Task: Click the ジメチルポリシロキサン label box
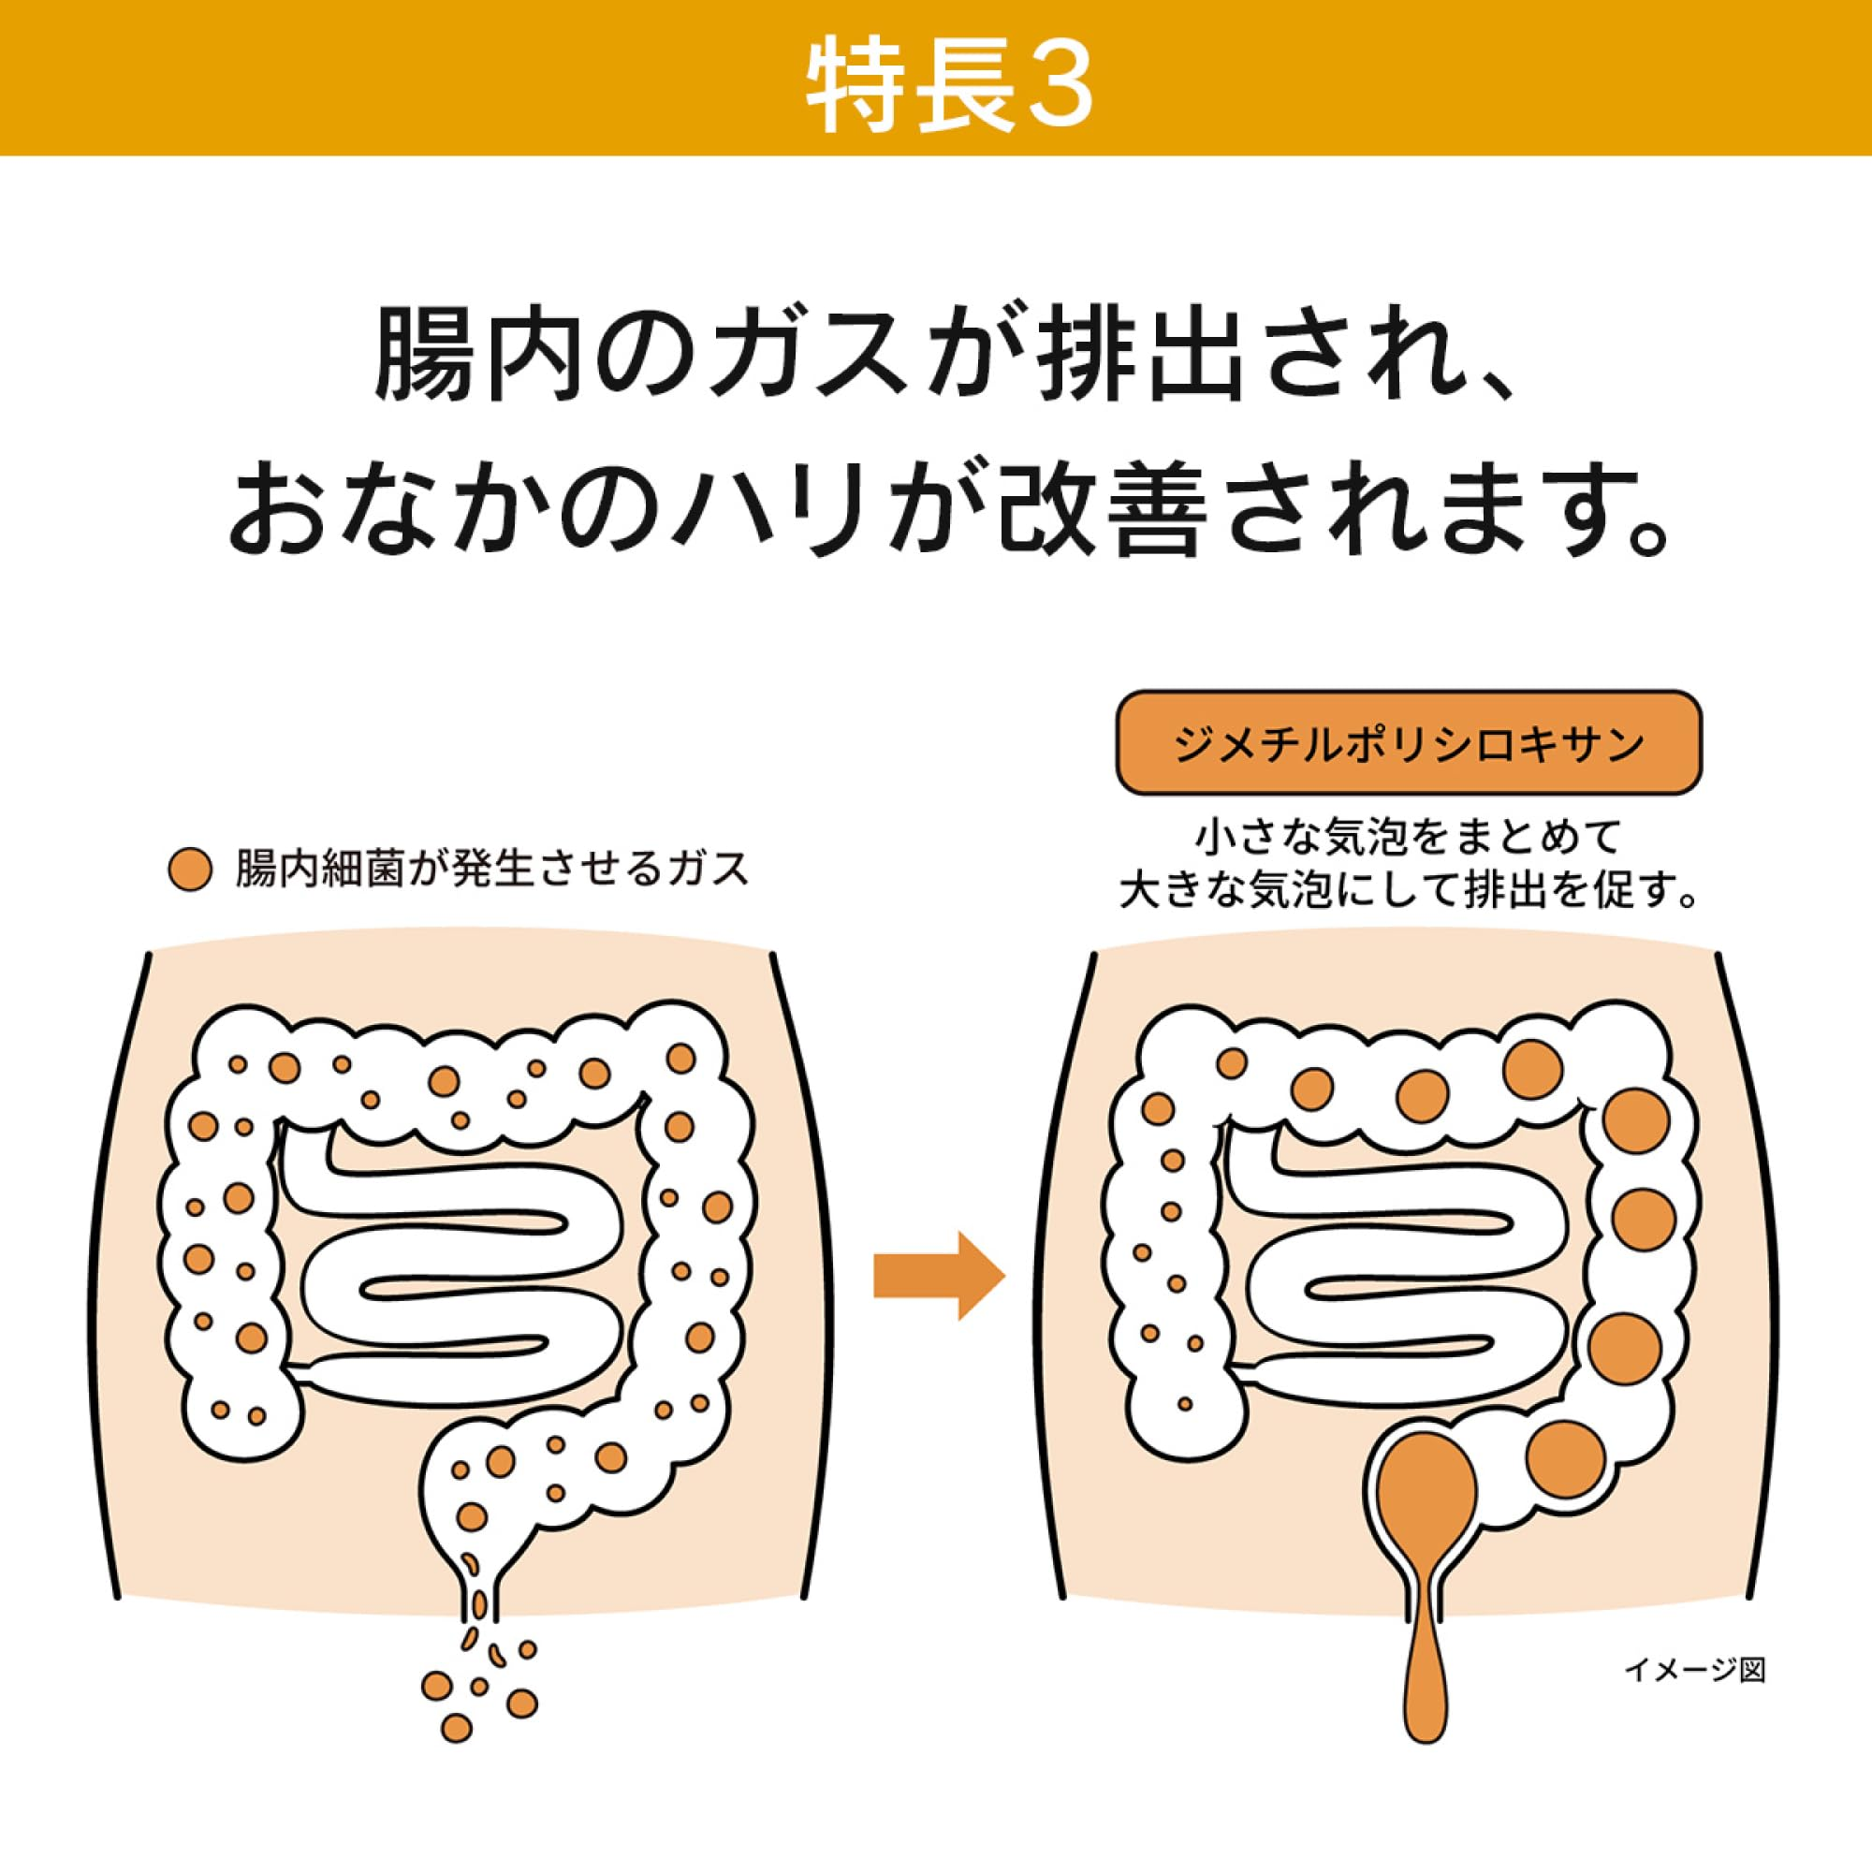click(x=1409, y=743)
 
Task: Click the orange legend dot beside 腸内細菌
click(x=190, y=870)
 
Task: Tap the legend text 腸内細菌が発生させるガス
click(x=493, y=870)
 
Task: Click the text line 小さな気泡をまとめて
click(x=1409, y=838)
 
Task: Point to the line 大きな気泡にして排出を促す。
click(x=1409, y=892)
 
